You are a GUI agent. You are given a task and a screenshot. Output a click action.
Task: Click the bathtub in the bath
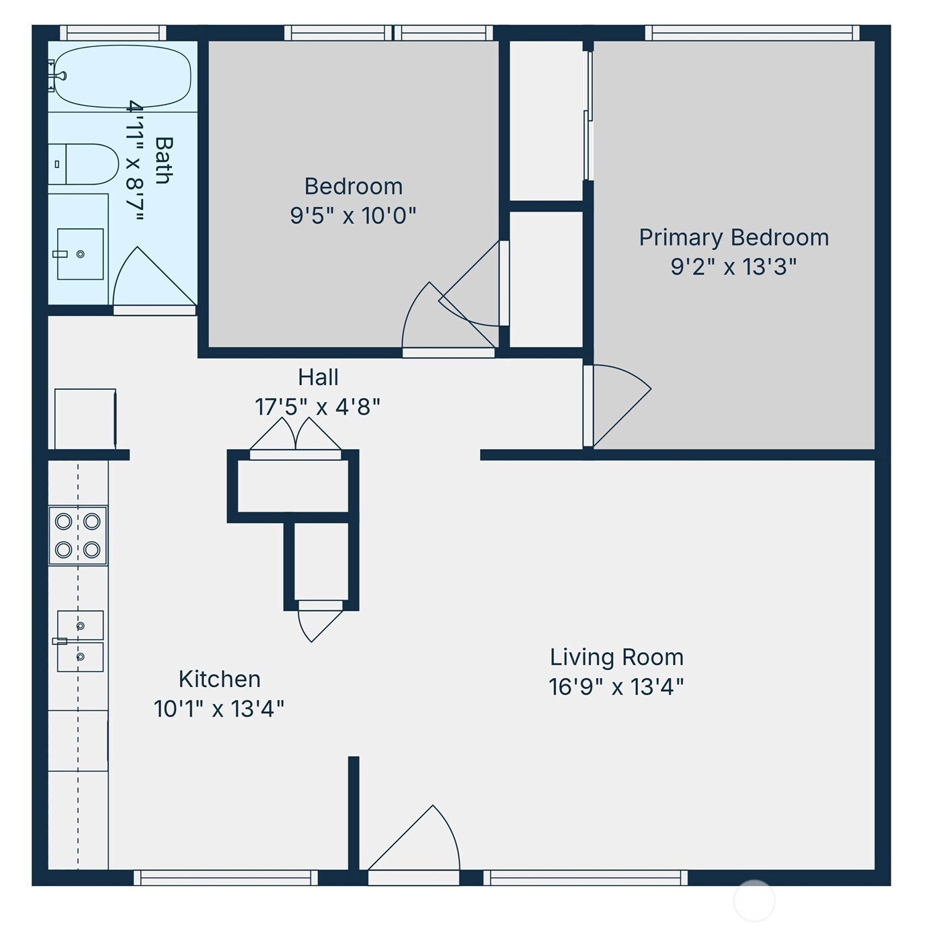click(x=121, y=76)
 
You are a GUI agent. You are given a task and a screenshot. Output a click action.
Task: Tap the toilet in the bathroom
click(x=83, y=164)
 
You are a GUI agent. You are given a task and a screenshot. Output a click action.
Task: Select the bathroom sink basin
click(x=80, y=254)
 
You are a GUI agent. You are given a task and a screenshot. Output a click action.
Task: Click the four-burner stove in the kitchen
click(x=78, y=535)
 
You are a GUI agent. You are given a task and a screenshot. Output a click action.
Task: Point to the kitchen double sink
click(x=80, y=641)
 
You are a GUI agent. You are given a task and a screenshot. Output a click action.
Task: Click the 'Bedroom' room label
click(x=353, y=186)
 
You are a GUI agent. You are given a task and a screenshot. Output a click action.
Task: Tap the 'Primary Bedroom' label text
click(x=733, y=237)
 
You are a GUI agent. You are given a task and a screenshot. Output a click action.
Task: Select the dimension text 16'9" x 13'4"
click(x=616, y=687)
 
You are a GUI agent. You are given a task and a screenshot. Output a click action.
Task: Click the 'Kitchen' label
click(x=219, y=679)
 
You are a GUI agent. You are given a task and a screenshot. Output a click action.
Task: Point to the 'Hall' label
click(x=318, y=377)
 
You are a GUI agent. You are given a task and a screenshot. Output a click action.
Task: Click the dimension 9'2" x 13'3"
click(x=733, y=267)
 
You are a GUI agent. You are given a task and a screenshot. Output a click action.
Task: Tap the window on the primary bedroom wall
click(x=752, y=33)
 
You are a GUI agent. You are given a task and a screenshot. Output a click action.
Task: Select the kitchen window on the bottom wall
click(x=225, y=877)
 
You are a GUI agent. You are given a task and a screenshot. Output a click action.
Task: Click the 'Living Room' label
click(x=616, y=657)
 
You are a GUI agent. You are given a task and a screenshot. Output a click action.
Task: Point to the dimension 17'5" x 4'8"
click(x=317, y=407)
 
